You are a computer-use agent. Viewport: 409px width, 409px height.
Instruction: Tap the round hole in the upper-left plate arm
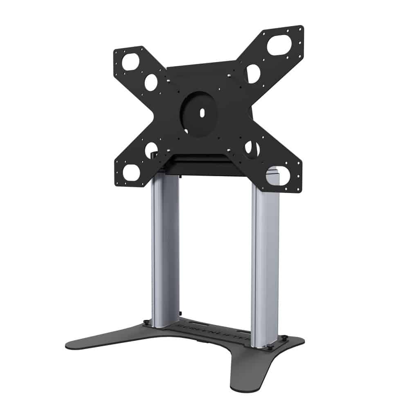click(x=151, y=82)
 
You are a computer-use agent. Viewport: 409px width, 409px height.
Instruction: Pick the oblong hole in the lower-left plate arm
click(x=131, y=172)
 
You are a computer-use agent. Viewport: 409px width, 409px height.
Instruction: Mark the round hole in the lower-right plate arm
click(x=252, y=149)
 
